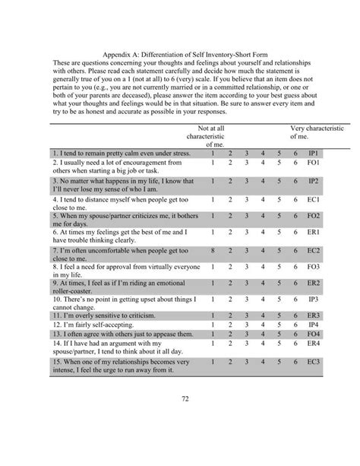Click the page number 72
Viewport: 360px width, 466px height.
tap(180, 417)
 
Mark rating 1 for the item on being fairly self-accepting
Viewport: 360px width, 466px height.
tap(213, 325)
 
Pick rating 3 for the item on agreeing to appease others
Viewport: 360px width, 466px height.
tap(246, 334)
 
